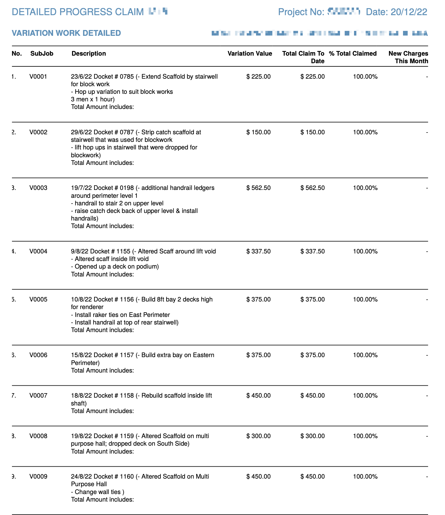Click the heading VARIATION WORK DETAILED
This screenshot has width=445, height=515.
point(66,33)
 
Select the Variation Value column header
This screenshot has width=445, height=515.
point(250,54)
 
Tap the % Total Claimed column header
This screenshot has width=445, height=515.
point(353,54)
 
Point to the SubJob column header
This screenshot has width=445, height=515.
point(42,54)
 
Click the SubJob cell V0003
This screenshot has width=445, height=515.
point(38,188)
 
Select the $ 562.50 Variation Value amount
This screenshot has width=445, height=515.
point(258,188)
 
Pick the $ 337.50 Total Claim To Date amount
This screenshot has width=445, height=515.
point(312,251)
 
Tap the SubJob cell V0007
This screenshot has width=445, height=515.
point(38,396)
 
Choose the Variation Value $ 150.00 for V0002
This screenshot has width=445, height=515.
point(258,132)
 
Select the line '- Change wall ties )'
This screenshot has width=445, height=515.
point(98,492)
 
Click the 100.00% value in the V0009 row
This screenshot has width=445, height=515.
point(365,477)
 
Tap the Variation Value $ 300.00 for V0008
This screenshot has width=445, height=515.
point(258,436)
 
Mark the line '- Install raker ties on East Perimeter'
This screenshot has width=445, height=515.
point(120,315)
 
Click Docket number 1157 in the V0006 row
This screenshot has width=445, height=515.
point(127,355)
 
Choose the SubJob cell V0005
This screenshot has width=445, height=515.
point(38,299)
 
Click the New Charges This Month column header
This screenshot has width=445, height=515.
point(408,57)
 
